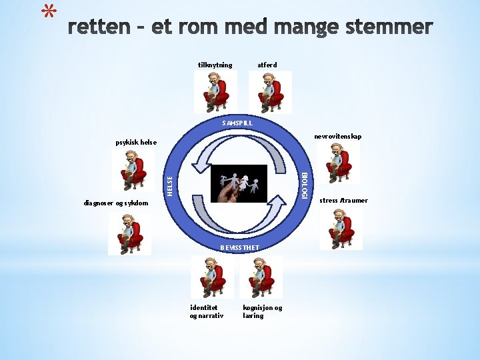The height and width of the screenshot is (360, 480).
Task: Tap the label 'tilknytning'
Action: tap(215, 65)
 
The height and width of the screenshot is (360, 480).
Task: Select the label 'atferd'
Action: tap(267, 65)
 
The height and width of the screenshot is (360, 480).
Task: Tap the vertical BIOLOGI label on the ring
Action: tap(304, 185)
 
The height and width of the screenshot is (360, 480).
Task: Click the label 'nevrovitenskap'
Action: tap(337, 136)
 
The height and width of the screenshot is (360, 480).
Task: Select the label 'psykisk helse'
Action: tap(135, 142)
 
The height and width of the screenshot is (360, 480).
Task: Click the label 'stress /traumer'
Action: tap(343, 200)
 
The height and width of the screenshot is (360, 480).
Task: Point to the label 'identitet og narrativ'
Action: tap(207, 311)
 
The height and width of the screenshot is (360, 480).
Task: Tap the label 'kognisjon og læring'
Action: tap(262, 311)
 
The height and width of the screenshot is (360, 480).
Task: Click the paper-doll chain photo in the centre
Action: tap(239, 183)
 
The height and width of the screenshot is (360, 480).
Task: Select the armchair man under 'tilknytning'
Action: tap(215, 91)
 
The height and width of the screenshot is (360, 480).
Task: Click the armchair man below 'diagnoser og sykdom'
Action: tap(130, 233)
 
